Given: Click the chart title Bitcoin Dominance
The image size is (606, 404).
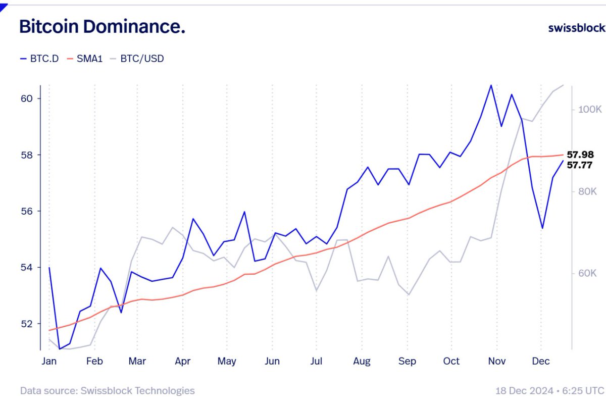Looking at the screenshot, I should coord(102,27).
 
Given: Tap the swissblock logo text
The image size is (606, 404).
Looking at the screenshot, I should coord(576,27).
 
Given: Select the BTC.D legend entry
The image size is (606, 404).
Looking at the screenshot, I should coord(39,59).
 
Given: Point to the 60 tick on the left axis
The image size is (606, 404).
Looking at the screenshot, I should coord(27,98).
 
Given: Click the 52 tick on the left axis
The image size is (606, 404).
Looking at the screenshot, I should coord(27,324).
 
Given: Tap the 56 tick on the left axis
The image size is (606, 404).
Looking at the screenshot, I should coord(27,211).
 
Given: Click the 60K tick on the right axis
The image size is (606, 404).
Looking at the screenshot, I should coord(587,273).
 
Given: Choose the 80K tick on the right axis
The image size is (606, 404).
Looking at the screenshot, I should coord(587,191).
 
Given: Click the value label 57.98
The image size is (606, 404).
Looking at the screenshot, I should coord(580,155).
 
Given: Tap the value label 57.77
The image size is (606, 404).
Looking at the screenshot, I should coord(580,165).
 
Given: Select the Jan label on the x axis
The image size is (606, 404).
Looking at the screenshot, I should coord(49,361).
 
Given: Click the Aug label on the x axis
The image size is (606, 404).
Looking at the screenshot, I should coord(362,361).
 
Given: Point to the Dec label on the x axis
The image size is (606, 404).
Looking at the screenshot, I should coord(541,361).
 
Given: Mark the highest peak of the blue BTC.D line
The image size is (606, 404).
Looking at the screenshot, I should coord(490,85).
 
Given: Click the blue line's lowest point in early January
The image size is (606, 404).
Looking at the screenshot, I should coord(60,349).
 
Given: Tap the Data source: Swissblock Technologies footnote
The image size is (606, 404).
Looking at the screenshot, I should coord(107,390).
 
